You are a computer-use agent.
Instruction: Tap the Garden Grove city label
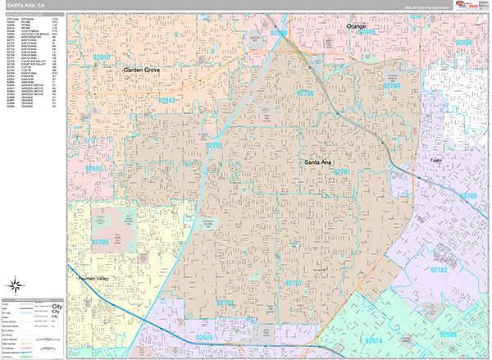141,71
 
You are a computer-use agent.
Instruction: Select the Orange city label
356,26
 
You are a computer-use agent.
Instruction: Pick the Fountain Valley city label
93,280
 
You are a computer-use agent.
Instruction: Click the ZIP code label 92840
102,57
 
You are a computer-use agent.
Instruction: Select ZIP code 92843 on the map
166,100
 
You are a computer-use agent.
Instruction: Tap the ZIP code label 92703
215,145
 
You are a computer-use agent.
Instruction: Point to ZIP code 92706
305,94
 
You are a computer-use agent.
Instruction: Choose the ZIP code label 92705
390,85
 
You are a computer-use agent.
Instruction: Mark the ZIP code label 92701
342,172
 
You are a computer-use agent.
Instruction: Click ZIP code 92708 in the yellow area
100,242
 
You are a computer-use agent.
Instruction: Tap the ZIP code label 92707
294,283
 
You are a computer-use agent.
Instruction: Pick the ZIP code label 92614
373,339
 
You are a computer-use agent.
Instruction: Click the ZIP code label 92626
204,337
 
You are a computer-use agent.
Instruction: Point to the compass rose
15,286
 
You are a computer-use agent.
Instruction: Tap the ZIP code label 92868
280,34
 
